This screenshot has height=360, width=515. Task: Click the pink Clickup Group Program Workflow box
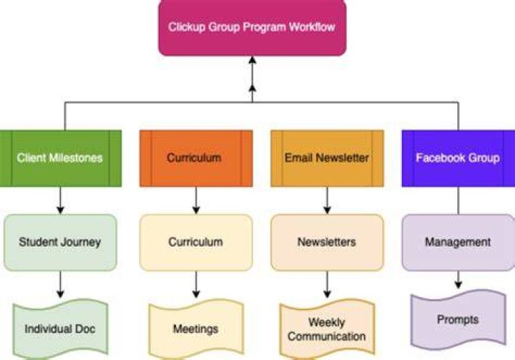click(x=252, y=28)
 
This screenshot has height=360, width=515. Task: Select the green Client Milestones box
click(x=60, y=158)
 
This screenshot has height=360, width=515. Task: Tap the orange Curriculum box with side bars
click(x=196, y=158)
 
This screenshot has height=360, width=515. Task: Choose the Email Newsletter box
click(x=327, y=158)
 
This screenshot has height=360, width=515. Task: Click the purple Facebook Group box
click(x=458, y=158)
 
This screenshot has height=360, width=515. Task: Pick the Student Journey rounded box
click(x=60, y=243)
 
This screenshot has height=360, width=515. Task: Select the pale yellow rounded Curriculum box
click(x=196, y=243)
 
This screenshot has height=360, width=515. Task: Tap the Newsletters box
click(x=327, y=243)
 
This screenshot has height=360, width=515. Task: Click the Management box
click(x=458, y=243)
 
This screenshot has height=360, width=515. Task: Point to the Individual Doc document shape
click(x=60, y=329)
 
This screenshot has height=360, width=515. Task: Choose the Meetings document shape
click(x=196, y=329)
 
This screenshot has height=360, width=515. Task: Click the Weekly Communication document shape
click(x=327, y=329)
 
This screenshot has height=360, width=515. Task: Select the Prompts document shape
click(x=458, y=319)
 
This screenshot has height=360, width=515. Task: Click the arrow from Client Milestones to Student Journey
click(x=60, y=200)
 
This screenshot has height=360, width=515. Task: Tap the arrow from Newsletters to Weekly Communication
click(x=327, y=285)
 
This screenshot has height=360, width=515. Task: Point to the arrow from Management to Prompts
click(x=458, y=280)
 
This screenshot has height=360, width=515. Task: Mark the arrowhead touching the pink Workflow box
click(x=252, y=60)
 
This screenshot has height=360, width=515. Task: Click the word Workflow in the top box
click(x=312, y=27)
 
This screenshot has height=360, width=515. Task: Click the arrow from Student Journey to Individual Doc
click(x=60, y=285)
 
